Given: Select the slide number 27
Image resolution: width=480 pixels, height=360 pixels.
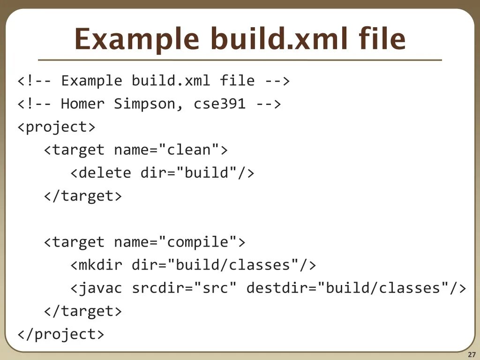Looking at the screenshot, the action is coord(472,354).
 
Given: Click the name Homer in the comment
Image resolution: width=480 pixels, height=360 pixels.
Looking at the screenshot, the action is coord(82,104).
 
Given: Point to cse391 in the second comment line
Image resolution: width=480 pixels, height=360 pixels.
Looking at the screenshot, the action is coord(219,104).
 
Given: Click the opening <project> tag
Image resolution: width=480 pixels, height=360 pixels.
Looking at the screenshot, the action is coord(56,127).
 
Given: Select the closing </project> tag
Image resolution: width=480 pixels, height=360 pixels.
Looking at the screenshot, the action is coord(61,334).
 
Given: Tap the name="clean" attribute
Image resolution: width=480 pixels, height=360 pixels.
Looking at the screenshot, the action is coord(166,150).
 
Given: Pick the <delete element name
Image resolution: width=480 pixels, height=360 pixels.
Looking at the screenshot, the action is coord(101,173).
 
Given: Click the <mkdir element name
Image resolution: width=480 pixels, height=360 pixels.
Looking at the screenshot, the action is coord(97,265).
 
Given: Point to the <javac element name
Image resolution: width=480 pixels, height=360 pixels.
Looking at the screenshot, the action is coord(97,288).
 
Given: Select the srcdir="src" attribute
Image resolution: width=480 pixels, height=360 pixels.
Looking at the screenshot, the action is coord(184,288).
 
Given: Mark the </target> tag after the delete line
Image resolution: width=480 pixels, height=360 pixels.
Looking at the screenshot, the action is coord(82,196).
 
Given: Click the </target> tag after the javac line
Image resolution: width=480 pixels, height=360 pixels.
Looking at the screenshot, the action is coord(82,311).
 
